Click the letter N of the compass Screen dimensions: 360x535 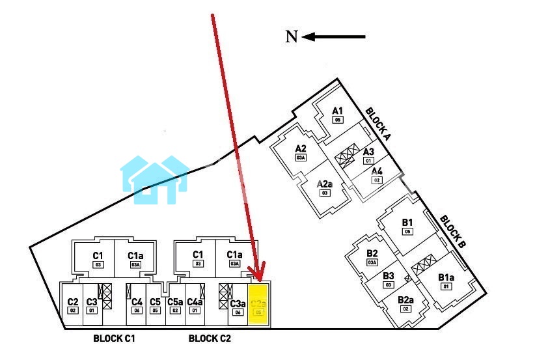tap(292, 37)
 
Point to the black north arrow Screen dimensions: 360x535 tap(333, 37)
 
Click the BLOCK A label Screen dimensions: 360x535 tap(377, 124)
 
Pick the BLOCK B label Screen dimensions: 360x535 tap(452, 232)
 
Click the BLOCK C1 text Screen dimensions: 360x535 tap(114, 339)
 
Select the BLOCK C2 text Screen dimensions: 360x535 tap(210, 339)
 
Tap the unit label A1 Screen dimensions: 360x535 tap(337, 111)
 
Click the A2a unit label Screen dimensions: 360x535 tap(325, 184)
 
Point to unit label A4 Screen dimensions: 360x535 tap(376, 171)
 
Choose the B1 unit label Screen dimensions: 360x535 tap(407, 222)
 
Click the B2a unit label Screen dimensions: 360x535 tap(405, 300)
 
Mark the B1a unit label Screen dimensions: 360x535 tap(446, 277)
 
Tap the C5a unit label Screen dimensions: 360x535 tap(175, 302)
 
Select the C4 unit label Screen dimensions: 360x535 tap(137, 302)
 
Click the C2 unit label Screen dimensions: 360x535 tap(73, 302)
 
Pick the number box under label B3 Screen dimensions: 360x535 tap(389, 284)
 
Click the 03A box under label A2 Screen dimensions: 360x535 tap(300, 157)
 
